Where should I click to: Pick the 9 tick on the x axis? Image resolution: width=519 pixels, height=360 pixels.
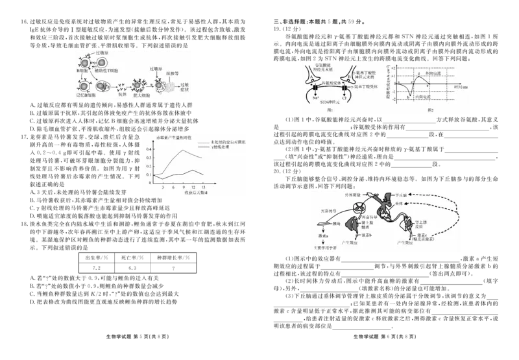(184, 187)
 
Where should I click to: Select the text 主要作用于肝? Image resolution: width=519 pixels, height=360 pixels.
(324, 248)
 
